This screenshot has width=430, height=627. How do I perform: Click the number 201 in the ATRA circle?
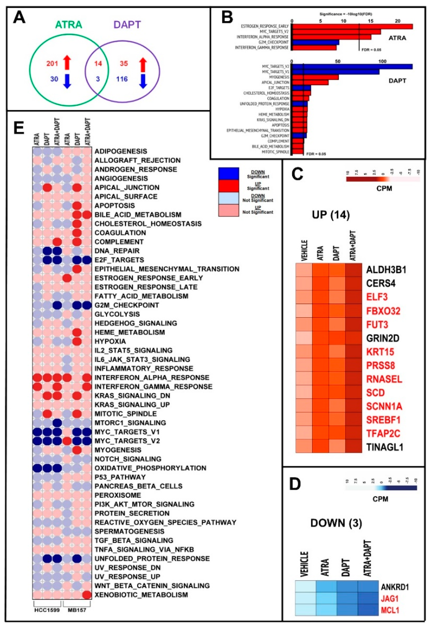tap(52, 64)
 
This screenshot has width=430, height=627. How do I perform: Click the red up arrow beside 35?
tap(143, 65)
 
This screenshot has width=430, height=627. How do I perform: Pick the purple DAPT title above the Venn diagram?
tap(127, 25)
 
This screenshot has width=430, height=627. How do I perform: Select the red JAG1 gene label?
tap(390, 599)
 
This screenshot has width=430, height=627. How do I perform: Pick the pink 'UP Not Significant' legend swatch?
tap(229, 210)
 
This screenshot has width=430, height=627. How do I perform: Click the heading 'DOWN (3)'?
tap(336, 523)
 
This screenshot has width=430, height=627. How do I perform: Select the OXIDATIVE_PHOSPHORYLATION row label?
tap(150, 468)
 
